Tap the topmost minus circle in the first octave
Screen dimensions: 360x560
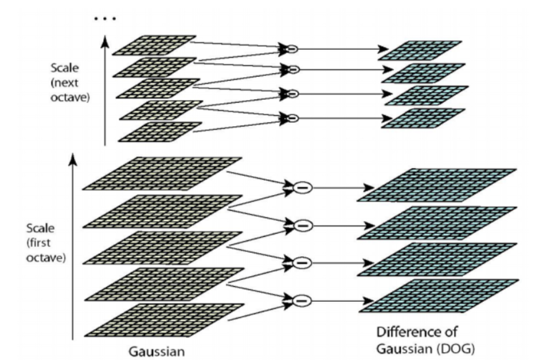(x=301, y=187)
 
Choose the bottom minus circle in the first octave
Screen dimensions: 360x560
(x=301, y=300)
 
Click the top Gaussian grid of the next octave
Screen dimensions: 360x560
(x=154, y=44)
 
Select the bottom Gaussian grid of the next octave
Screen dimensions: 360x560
(x=160, y=132)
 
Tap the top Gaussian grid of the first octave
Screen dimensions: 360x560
(x=163, y=172)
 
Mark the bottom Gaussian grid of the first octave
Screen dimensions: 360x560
(x=163, y=319)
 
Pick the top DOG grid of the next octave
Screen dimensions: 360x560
(x=420, y=50)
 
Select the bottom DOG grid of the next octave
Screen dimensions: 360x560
(x=423, y=118)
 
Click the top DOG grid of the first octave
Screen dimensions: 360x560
(x=437, y=184)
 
